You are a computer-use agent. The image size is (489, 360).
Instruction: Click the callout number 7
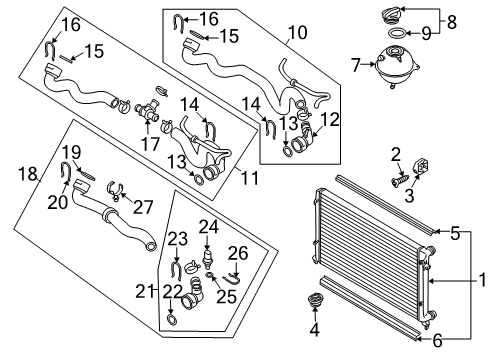(356, 65)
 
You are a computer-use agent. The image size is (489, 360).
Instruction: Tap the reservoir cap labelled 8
(392, 15)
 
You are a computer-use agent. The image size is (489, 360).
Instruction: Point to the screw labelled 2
(400, 181)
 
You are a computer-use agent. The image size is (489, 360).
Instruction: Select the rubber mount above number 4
(314, 300)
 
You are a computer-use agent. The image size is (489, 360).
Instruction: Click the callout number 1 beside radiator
(482, 280)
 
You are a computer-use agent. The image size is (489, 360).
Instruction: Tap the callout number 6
(437, 341)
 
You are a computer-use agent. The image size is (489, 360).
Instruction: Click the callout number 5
(455, 233)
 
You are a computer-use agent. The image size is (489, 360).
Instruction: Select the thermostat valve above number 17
(147, 111)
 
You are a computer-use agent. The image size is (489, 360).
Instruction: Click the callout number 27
(143, 207)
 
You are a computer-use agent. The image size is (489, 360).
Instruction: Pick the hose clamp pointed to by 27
(115, 190)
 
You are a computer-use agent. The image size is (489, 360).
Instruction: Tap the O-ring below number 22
(171, 319)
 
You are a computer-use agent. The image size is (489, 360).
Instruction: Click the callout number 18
(27, 174)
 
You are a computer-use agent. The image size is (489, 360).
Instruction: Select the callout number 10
(298, 33)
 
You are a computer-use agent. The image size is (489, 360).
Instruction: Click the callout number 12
(330, 119)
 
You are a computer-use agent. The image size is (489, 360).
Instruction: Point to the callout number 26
(238, 253)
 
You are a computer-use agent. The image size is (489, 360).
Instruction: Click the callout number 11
(250, 178)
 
